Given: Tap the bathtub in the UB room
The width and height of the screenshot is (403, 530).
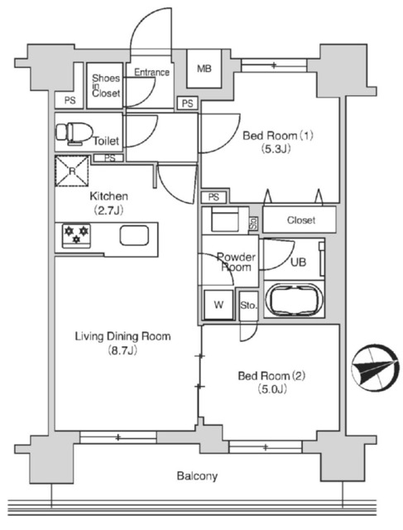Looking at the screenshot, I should point(293,299).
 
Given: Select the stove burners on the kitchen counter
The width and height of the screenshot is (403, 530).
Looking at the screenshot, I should point(74,235).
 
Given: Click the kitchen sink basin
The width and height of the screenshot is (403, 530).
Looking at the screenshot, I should point(136,235).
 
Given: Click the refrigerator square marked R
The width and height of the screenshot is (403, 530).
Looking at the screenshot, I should point(73,171).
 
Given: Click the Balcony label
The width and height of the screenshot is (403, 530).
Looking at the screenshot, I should point(197,476).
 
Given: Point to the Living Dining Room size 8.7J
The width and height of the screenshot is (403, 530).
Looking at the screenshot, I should point(122,352).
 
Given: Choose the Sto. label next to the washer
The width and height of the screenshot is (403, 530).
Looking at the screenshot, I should point(248,306).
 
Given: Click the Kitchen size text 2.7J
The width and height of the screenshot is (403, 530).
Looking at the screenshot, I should point(108,210).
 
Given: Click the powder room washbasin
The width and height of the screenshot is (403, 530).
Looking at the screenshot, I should point(225,221).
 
